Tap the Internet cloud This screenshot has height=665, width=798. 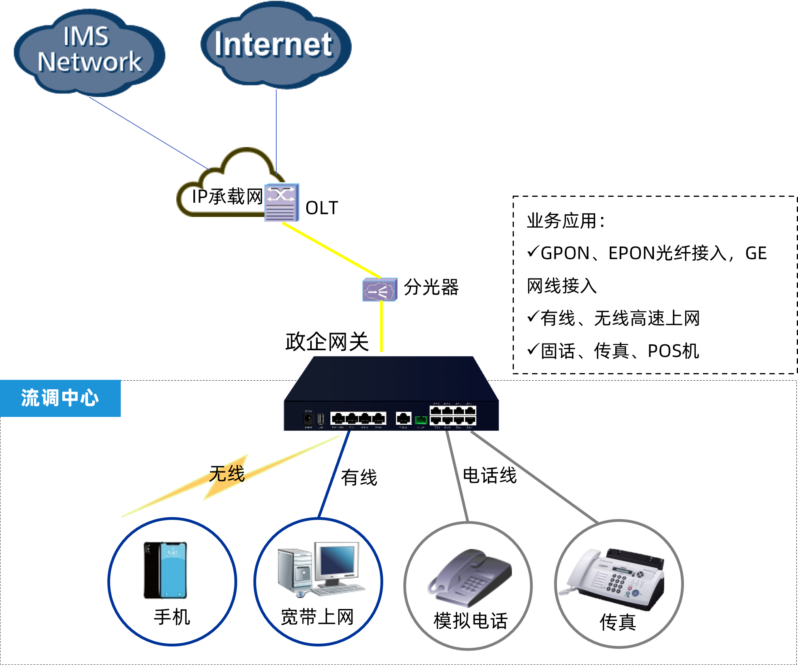click(275, 45)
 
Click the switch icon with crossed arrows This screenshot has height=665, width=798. click(282, 202)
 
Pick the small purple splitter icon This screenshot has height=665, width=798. click(380, 290)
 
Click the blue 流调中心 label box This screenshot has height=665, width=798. click(60, 398)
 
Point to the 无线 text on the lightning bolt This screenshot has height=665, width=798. click(227, 474)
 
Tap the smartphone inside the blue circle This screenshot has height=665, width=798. click(165, 570)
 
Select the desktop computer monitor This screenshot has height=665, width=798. click(337, 560)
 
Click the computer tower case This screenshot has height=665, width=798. click(294, 570)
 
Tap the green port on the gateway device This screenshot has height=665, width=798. click(421, 420)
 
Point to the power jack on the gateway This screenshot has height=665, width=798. click(308, 418)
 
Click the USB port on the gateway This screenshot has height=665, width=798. click(321, 418)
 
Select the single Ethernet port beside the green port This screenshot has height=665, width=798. click(403, 418)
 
